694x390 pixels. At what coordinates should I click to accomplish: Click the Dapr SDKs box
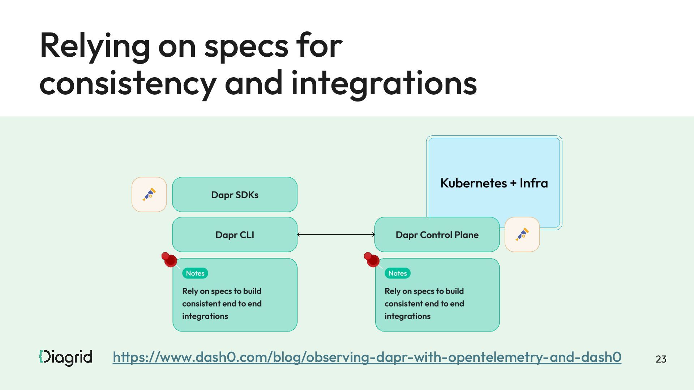(235, 195)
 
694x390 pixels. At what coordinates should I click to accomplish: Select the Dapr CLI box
(235, 235)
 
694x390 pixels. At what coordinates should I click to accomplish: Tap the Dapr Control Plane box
(437, 235)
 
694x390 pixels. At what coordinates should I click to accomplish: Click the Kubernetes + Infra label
(494, 183)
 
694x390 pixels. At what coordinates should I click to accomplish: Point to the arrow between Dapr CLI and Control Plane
(336, 235)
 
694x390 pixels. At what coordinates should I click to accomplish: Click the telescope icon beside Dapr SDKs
(149, 194)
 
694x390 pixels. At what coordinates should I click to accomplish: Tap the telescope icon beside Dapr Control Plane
(522, 234)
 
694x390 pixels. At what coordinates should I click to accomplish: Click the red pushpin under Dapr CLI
(170, 260)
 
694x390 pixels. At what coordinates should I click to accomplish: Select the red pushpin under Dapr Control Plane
(372, 260)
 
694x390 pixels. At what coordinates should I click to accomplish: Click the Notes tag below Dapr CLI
(195, 273)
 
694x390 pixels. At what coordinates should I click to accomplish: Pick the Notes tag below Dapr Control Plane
(398, 273)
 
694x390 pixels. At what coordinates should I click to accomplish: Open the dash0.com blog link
(367, 357)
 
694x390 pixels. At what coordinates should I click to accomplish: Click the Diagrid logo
(66, 357)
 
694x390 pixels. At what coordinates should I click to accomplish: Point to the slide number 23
(661, 359)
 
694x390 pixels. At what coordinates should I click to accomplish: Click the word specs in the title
(246, 46)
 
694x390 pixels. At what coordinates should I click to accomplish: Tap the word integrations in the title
(384, 83)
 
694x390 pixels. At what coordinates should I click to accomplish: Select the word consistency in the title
(128, 83)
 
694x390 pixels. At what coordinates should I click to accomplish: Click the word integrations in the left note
(205, 316)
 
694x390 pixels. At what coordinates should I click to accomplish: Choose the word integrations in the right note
(407, 316)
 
